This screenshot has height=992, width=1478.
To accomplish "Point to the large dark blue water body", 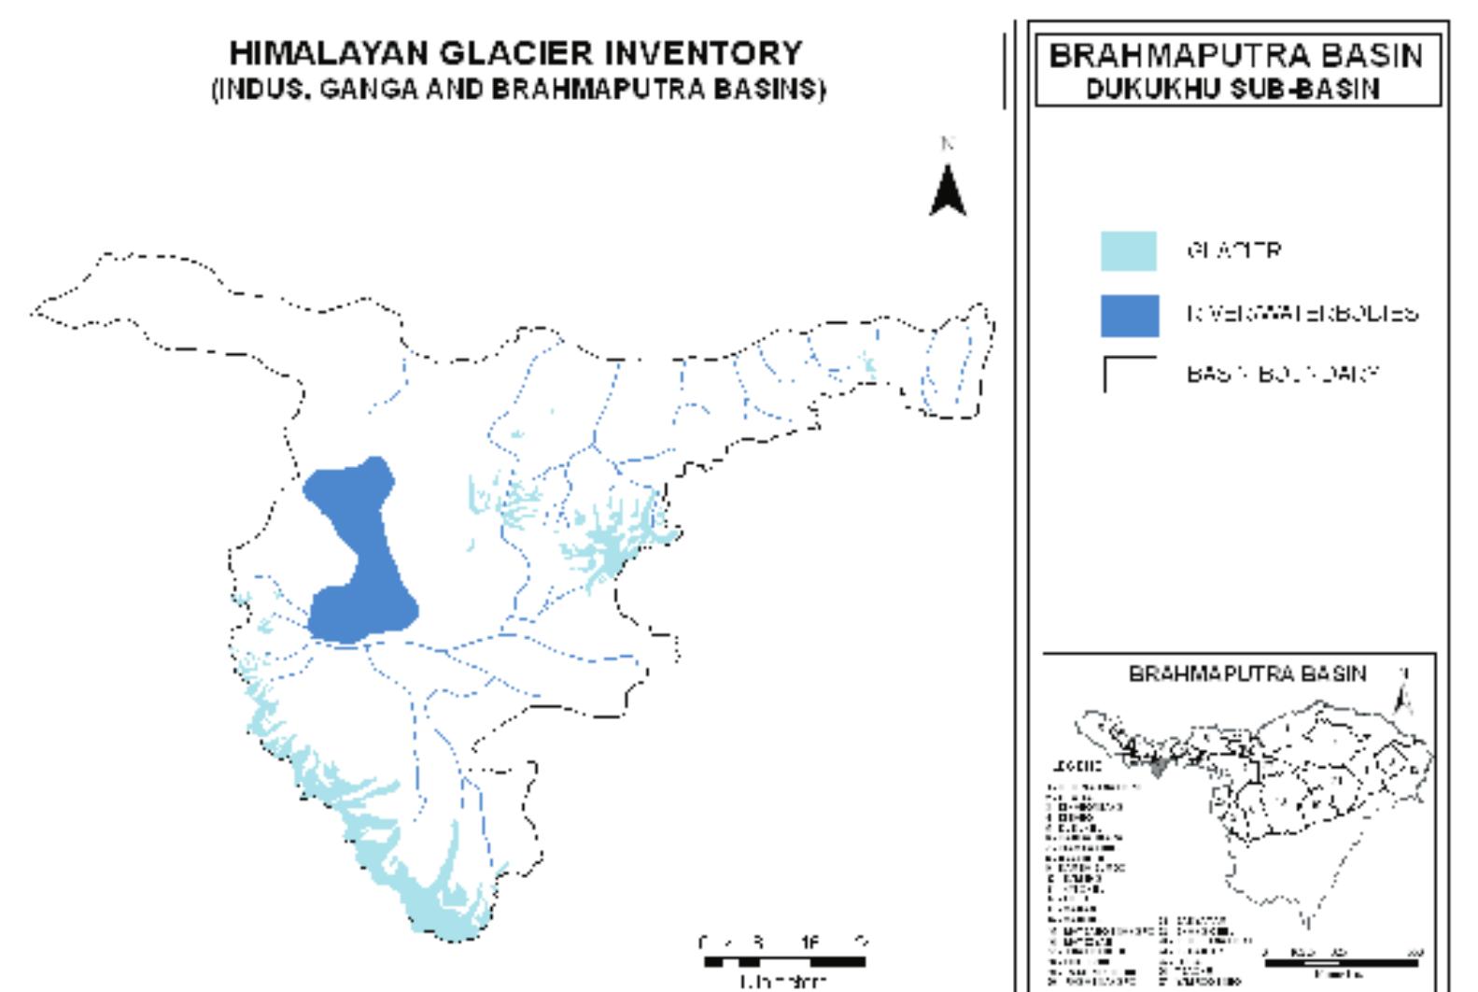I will (360, 551).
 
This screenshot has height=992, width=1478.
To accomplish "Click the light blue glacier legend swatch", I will (1128, 251).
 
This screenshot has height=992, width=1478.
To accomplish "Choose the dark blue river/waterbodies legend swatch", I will (1129, 315).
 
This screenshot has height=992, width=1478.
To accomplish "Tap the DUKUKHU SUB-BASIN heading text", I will (1238, 89).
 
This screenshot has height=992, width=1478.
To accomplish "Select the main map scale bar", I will (784, 961).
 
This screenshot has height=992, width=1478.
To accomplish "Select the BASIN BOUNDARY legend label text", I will (1282, 374).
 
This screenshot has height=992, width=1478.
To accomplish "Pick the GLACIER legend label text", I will (1233, 251).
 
